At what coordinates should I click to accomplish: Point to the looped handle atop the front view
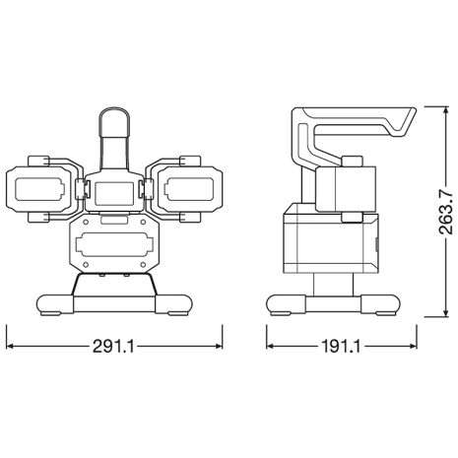tap(112, 133)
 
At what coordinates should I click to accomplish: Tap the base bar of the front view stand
tap(113, 301)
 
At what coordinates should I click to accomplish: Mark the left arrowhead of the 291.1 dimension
tap(10, 347)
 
